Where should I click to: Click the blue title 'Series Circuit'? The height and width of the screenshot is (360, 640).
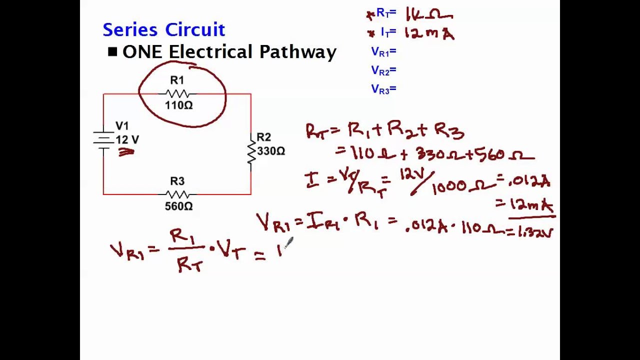click(x=163, y=30)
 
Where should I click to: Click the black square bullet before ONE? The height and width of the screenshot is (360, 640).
click(x=112, y=51)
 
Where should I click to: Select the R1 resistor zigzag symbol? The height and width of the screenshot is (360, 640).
click(x=177, y=93)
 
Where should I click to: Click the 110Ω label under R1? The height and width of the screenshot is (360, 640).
click(x=178, y=105)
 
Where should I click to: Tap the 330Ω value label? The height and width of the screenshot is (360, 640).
click(x=271, y=150)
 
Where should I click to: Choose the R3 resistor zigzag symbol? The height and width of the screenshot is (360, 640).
click(x=177, y=194)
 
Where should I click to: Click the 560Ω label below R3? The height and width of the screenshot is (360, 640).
click(x=178, y=206)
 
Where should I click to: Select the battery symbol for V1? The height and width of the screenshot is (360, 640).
click(x=103, y=139)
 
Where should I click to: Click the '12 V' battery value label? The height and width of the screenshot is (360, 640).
click(x=127, y=140)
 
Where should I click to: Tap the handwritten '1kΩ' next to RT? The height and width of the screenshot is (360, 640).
click(x=429, y=14)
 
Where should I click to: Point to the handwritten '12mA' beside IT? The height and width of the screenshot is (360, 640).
click(x=429, y=33)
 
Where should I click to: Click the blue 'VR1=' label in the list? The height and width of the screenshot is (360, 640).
click(x=383, y=51)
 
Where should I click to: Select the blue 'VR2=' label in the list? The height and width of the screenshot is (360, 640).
click(x=383, y=70)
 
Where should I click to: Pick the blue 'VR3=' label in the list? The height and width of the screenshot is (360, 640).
click(x=383, y=89)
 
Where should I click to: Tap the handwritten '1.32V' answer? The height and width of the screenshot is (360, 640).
click(x=536, y=231)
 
